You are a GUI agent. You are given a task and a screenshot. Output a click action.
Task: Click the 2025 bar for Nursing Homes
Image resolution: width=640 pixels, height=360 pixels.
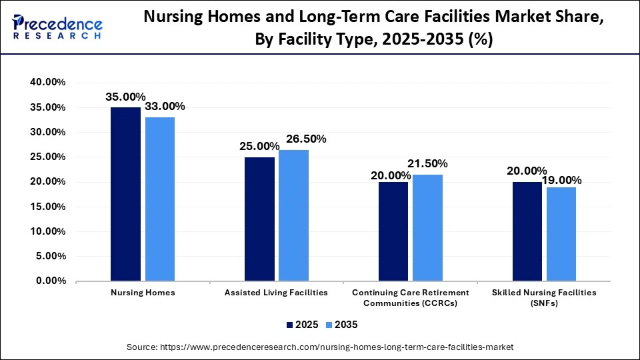125,194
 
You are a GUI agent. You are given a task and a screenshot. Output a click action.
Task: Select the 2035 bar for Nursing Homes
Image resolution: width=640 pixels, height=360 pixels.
159,199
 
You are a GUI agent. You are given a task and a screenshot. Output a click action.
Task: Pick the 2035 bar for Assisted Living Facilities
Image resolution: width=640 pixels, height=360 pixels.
293,215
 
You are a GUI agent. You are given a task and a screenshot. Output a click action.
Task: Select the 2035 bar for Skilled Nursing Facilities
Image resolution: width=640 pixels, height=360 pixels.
561,234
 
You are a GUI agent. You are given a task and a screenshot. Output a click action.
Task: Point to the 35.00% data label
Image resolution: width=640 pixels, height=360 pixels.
125,97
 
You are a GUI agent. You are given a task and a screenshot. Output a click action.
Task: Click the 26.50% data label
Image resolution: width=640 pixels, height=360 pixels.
306,139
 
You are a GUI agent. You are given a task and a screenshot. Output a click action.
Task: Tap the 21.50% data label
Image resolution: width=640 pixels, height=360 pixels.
427,163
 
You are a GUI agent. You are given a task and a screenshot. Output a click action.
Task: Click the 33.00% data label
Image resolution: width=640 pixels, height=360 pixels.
165,107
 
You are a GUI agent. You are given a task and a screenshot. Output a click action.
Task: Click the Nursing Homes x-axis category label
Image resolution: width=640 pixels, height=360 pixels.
143,293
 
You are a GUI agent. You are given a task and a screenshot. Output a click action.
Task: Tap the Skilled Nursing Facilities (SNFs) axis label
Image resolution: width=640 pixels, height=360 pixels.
544,297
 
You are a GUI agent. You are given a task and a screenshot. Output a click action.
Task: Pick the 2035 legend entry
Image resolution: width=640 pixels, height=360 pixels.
341,325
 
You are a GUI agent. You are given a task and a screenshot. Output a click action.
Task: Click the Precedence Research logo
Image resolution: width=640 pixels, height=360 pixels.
57,27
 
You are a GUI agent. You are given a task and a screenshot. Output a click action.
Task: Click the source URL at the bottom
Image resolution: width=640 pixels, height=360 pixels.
320,347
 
